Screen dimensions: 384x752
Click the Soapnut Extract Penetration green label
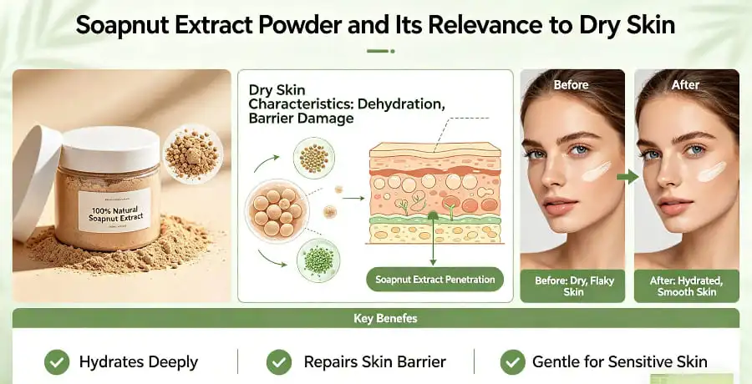tap(434, 280)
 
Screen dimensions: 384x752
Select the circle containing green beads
tap(318, 259)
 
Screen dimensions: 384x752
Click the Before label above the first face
tap(572, 84)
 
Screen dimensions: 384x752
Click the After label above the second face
tap(686, 84)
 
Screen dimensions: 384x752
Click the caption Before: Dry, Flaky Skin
tap(573, 286)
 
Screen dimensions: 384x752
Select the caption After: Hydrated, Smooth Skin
tap(687, 286)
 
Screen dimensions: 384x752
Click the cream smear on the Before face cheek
tap(596, 171)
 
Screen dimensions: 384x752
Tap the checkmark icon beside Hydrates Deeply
tap(57, 362)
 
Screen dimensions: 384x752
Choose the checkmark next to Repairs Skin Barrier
tap(278, 362)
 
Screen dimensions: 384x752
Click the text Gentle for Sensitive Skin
tap(620, 362)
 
